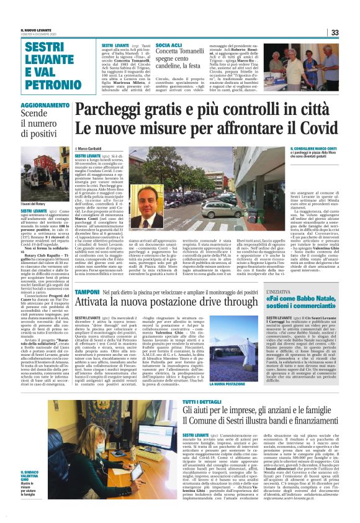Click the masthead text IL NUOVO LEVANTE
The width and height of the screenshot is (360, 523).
[x=37, y=30]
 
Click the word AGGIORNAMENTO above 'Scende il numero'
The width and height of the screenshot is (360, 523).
[x=45, y=106]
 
